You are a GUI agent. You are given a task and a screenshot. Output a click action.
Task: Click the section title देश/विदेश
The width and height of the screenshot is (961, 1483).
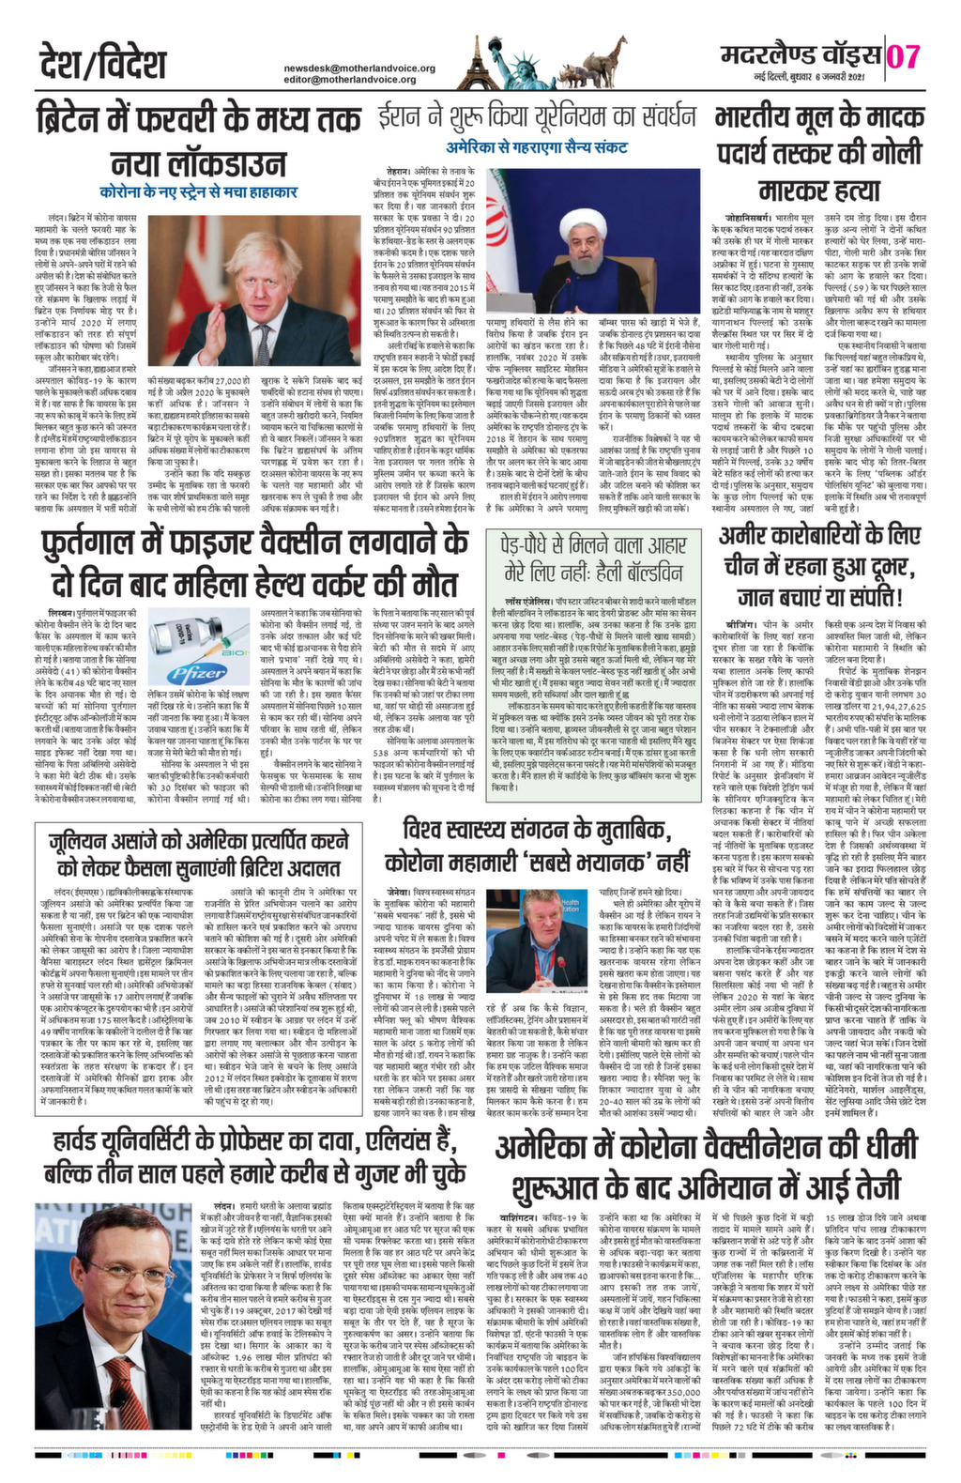[103, 64]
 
